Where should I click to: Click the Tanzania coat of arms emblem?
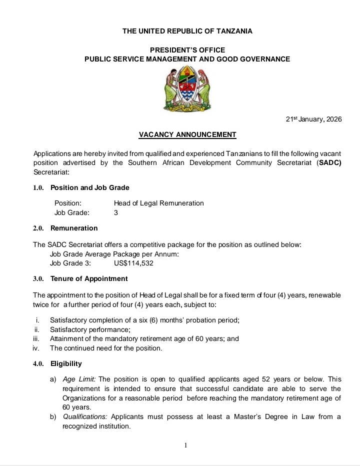187,89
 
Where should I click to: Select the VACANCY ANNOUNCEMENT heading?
187,134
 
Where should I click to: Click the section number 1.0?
39,187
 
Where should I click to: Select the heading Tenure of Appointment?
89,278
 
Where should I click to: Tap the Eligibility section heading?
66,363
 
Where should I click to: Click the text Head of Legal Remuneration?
159,203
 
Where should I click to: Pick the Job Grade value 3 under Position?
116,212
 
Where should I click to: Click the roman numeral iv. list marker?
35,348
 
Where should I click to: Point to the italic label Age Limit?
79,379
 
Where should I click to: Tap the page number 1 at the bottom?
185,445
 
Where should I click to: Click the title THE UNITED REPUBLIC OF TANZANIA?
187,31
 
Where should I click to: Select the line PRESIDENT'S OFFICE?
187,50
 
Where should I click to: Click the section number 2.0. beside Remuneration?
39,228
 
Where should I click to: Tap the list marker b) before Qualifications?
53,416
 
